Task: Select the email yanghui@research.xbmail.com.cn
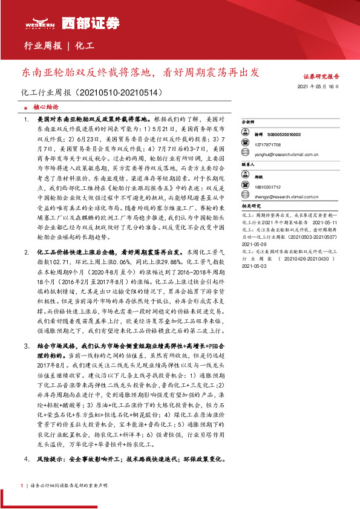click(x=291, y=154)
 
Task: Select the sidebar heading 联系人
click(x=249, y=164)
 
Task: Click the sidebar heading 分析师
click(x=249, y=122)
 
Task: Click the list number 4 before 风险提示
click(x=26, y=459)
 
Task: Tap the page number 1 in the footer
click(x=22, y=485)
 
